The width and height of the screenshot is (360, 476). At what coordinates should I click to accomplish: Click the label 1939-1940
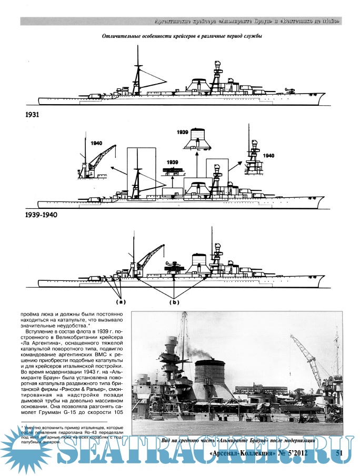(41, 215)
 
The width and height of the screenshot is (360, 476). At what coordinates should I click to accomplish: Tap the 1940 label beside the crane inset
(96, 143)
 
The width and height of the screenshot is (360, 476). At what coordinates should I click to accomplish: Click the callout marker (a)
(120, 302)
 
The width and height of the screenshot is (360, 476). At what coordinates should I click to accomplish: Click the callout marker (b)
(174, 302)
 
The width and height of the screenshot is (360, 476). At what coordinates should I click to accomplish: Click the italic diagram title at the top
(181, 36)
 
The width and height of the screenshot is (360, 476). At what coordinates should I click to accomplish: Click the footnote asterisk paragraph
(71, 435)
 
